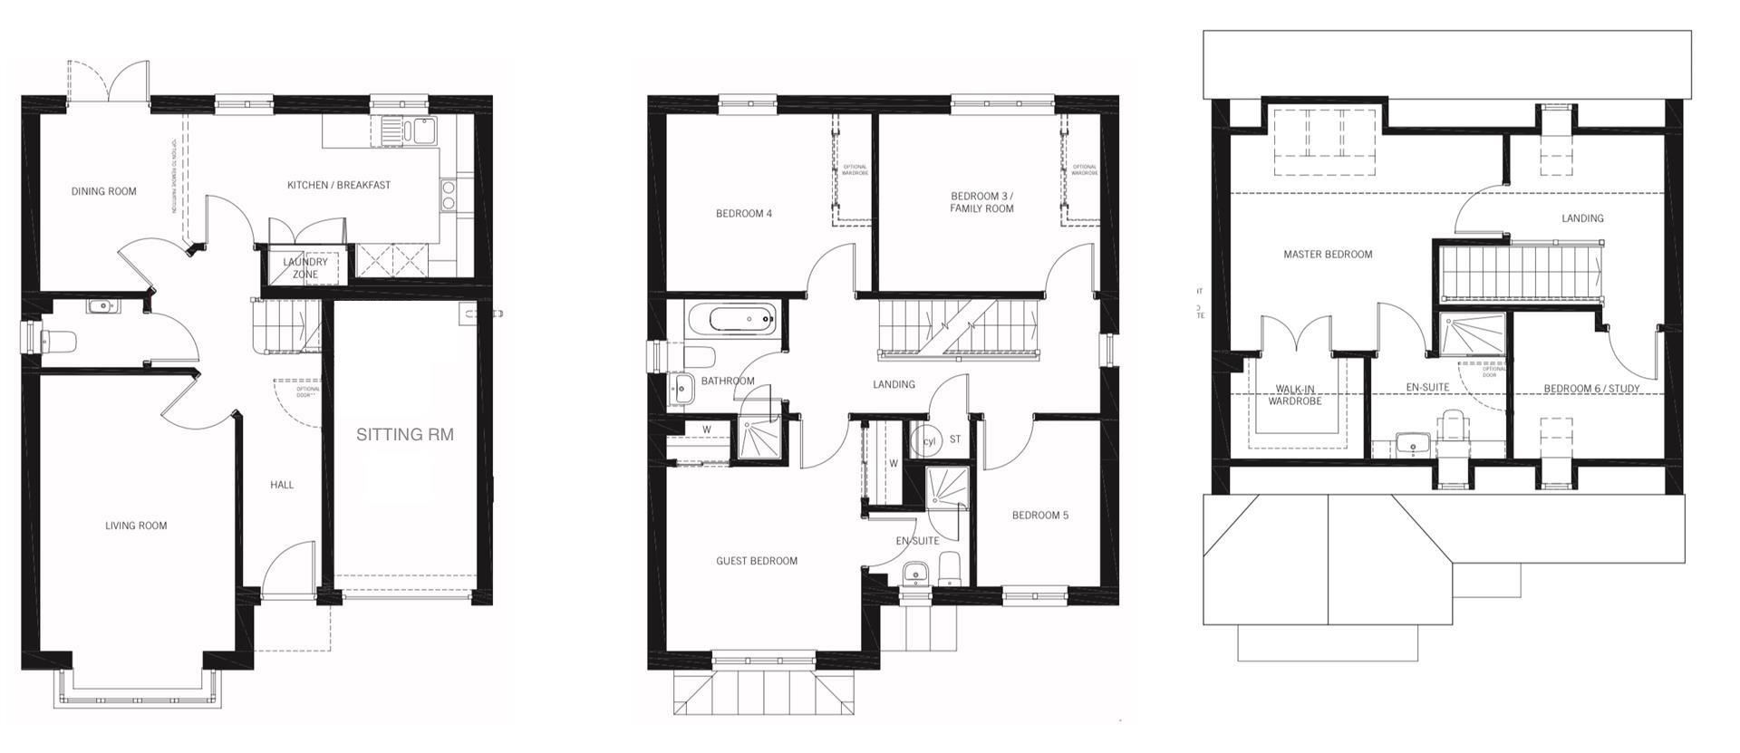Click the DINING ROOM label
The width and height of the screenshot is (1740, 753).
click(103, 191)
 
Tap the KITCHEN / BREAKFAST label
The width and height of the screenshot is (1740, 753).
click(339, 185)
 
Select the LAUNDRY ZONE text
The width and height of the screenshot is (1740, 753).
click(304, 267)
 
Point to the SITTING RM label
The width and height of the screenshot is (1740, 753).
click(404, 434)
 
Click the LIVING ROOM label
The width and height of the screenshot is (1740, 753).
click(136, 526)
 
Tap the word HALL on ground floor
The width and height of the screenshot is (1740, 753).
click(282, 485)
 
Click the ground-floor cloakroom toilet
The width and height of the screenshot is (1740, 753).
click(57, 342)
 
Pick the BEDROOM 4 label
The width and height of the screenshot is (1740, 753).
click(744, 214)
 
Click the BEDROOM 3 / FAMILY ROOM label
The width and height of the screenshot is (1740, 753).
click(981, 202)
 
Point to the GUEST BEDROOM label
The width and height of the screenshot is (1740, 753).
click(757, 561)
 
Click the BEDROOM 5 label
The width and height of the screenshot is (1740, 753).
click(1039, 516)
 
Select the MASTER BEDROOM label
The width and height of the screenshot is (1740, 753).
click(1328, 255)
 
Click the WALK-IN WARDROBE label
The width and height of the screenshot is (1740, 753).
click(1294, 395)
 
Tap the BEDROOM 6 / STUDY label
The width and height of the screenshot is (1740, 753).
click(1591, 389)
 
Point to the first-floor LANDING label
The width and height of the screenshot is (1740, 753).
click(894, 384)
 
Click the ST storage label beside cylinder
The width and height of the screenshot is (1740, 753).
click(954, 439)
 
